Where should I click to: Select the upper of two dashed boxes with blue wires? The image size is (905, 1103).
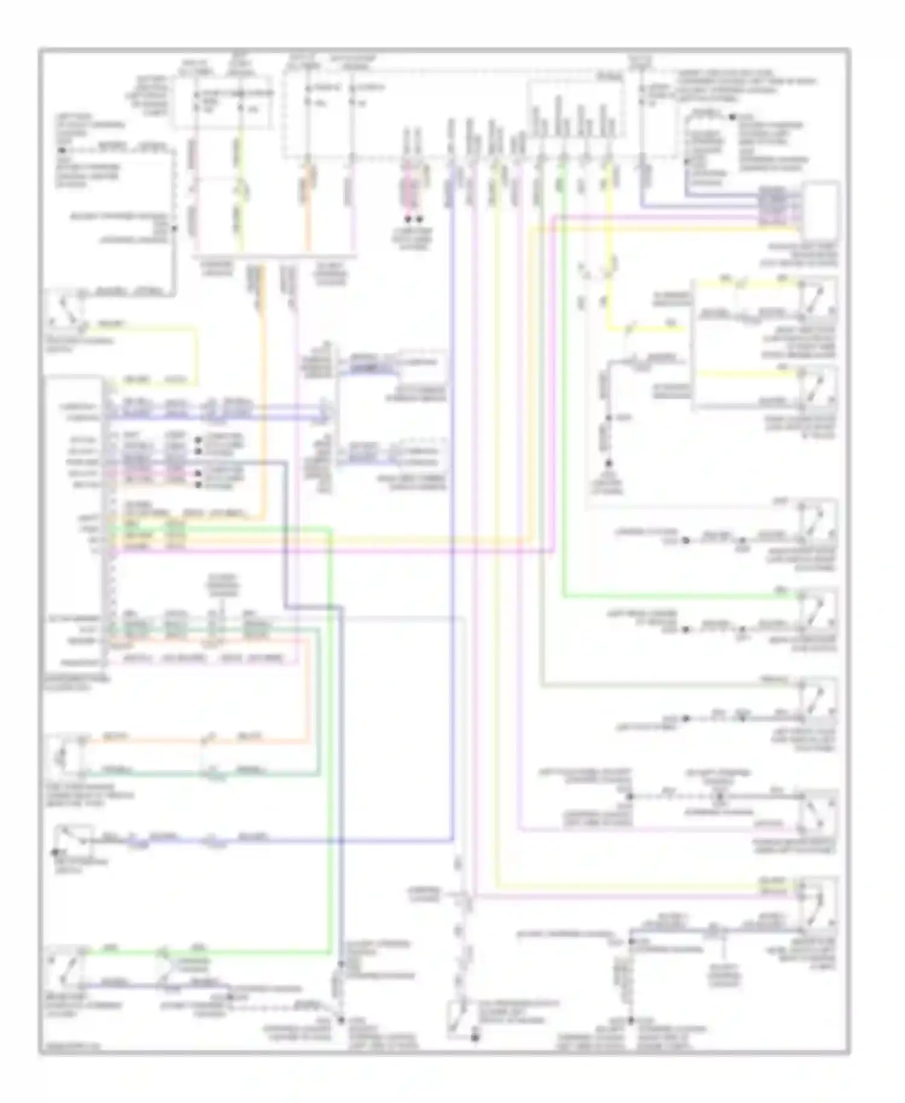[422, 364]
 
